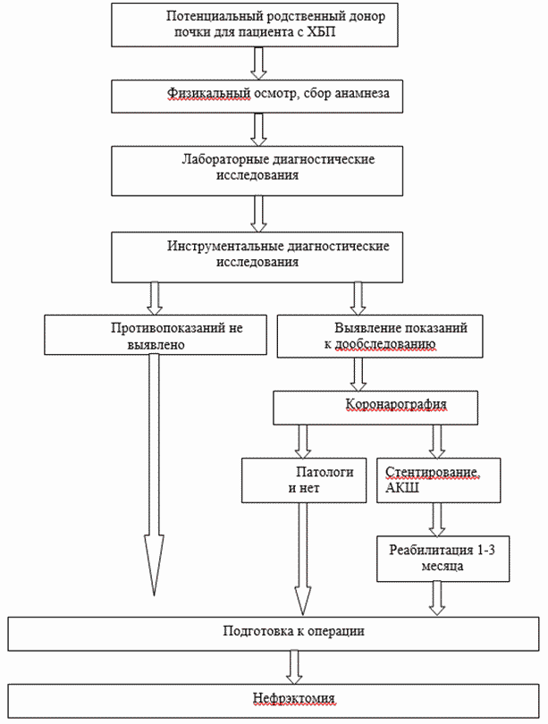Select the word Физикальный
click(x=209, y=93)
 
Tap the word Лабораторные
click(x=225, y=160)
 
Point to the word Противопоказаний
click(x=169, y=328)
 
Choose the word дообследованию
click(x=384, y=344)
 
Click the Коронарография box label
click(x=396, y=404)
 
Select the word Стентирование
click(x=433, y=472)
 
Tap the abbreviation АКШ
click(x=402, y=488)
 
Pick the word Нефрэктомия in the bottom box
click(x=293, y=698)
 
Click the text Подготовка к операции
click(x=293, y=631)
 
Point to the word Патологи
click(x=325, y=472)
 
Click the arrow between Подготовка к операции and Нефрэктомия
click(x=293, y=667)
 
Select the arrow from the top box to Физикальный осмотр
click(x=258, y=63)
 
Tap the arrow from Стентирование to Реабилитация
click(x=437, y=519)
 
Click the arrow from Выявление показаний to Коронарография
click(x=358, y=375)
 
